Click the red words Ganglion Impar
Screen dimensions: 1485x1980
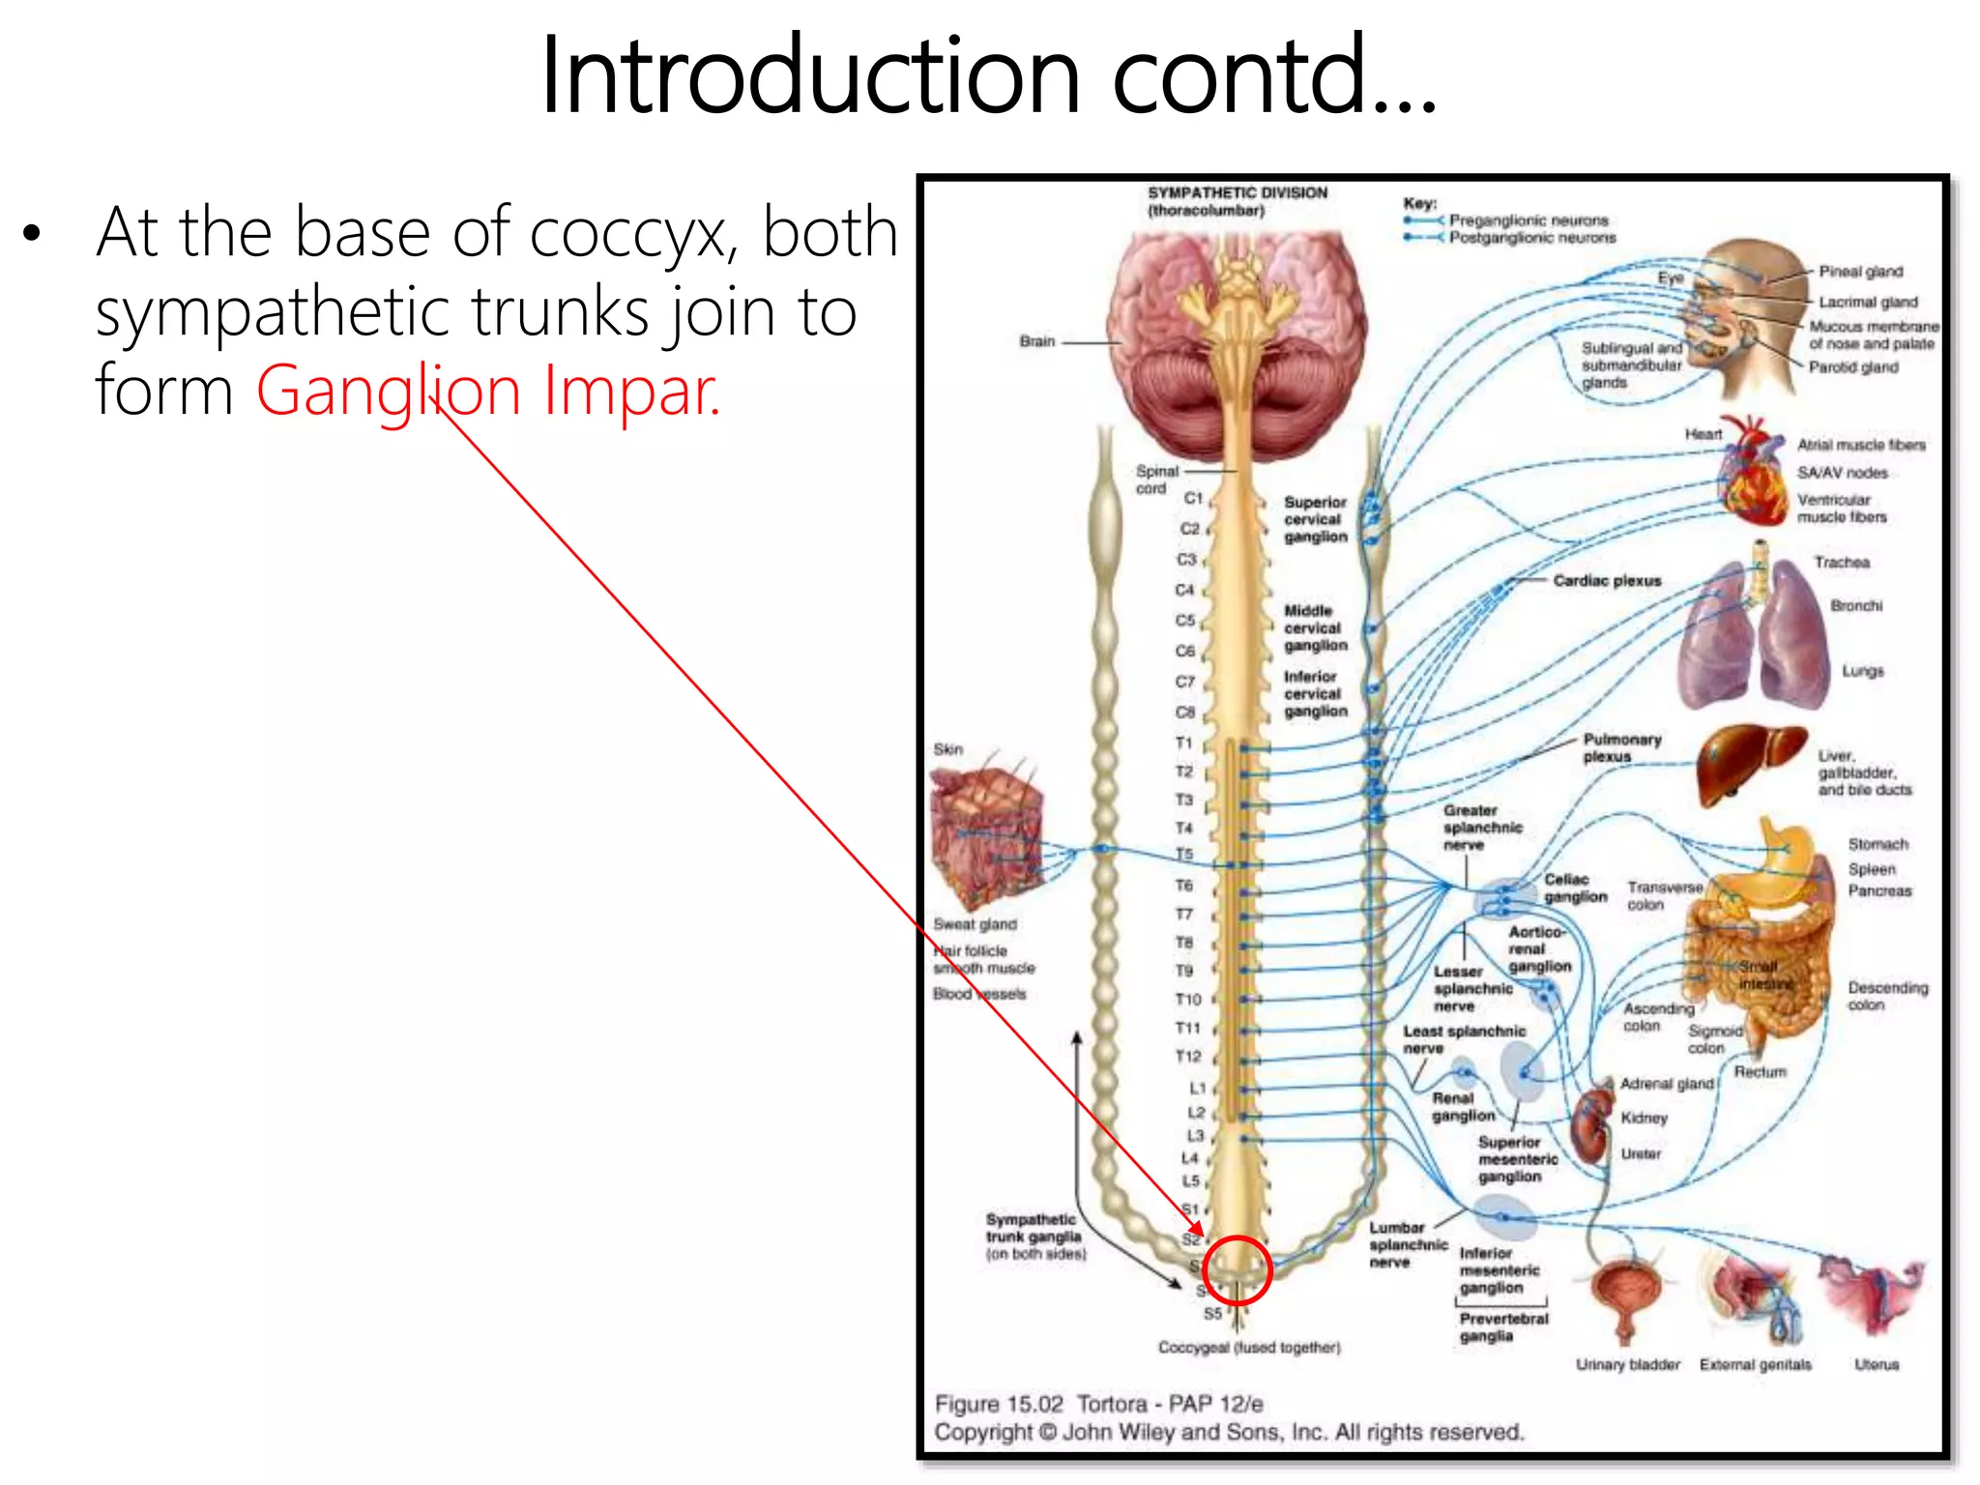click(488, 390)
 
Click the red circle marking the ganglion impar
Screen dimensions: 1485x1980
click(1237, 1270)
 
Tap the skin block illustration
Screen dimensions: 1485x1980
click(987, 832)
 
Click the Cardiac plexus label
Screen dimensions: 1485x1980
click(1607, 581)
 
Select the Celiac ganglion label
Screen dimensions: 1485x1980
click(1575, 888)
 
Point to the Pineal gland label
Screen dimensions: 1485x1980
click(1860, 272)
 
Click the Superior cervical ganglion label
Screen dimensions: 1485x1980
click(1315, 519)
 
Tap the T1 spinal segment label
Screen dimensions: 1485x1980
click(1184, 742)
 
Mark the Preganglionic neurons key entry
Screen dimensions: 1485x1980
click(1528, 220)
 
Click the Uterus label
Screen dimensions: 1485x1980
click(1876, 1364)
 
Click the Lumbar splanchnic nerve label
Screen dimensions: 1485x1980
click(1407, 1244)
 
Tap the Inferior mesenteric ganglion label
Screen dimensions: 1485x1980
click(1499, 1270)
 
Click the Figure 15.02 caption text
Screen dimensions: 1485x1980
click(1098, 1404)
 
